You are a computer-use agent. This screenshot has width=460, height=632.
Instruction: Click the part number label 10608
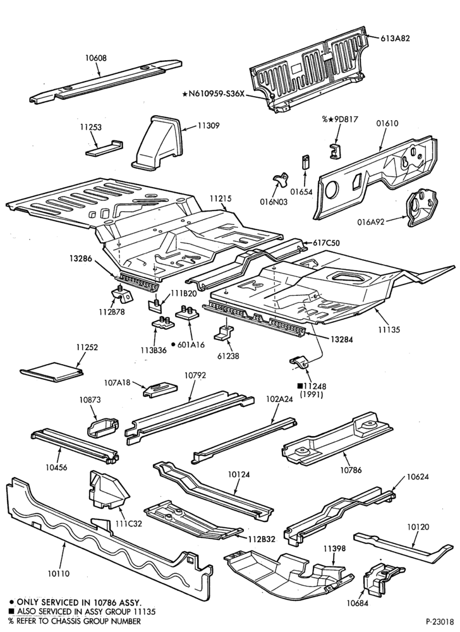coord(96,58)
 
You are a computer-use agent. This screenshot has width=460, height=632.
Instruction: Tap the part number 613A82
coord(396,39)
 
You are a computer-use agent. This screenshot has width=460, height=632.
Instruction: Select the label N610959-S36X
coord(214,94)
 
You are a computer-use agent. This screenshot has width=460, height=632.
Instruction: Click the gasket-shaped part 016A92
coord(421,207)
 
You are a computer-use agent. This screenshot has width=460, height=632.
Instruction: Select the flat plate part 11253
coord(104,148)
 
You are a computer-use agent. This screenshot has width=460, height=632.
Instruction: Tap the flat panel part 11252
coord(52,372)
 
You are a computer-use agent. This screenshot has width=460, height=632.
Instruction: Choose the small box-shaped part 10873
coord(103,427)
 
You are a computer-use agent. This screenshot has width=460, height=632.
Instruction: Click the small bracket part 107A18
coord(160,389)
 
